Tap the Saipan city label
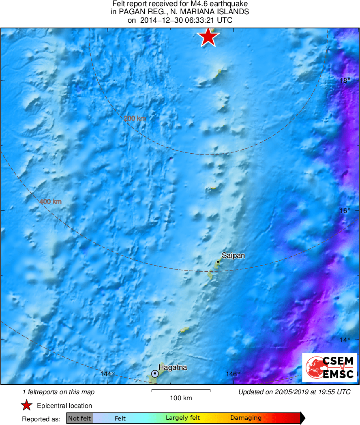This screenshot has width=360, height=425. coord(233,256)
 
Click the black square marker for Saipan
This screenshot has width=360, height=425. coord(218,262)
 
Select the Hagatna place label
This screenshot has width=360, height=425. coord(173,368)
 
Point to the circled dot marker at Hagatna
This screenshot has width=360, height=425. coord(155,373)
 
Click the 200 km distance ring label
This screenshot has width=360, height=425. coord(135,118)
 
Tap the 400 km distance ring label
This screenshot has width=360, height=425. coord(51,201)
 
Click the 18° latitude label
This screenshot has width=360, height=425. coord(345,80)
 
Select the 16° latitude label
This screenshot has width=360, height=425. coord(345,210)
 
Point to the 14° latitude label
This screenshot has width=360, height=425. coord(345,340)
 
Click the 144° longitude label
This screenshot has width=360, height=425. coord(107,374)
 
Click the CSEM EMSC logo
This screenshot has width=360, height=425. coord(330,367)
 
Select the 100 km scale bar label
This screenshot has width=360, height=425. coord(181,398)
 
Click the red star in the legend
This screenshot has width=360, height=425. coord(27,406)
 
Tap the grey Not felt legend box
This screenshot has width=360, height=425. coord(79,418)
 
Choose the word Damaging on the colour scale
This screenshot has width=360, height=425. coord(246,418)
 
